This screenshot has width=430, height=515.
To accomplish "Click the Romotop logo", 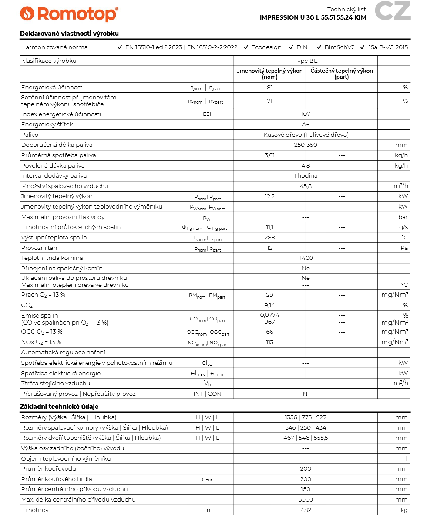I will click(x=69, y=13).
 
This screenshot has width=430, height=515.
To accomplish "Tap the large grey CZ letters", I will click(x=393, y=11).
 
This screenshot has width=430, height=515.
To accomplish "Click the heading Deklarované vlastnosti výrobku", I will click(x=69, y=34).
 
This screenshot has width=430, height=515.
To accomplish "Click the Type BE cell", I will click(x=306, y=61).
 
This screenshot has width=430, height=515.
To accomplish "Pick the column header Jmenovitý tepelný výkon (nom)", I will click(x=269, y=74).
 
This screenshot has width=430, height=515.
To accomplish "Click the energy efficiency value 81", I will click(x=270, y=88).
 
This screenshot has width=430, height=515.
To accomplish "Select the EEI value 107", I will click(x=306, y=114).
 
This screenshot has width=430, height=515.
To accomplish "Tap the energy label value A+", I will click(x=306, y=125).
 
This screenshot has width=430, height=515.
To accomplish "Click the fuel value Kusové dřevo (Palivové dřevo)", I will click(x=306, y=135).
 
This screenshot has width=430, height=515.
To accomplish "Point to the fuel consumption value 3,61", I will click(x=270, y=155).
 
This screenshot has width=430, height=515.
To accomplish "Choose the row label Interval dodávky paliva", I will click(x=54, y=176).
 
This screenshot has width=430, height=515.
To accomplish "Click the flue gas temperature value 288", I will click(x=270, y=238).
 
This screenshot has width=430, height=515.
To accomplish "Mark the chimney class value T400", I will click(x=306, y=258).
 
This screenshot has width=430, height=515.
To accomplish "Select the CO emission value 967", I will click(x=270, y=323).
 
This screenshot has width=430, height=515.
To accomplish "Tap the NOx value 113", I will click(x=270, y=343).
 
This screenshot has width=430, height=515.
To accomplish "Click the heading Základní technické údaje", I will click(x=59, y=407).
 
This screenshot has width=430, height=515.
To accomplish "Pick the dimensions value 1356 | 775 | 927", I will click(x=306, y=417).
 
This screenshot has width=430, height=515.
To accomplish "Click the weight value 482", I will click(x=306, y=510).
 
